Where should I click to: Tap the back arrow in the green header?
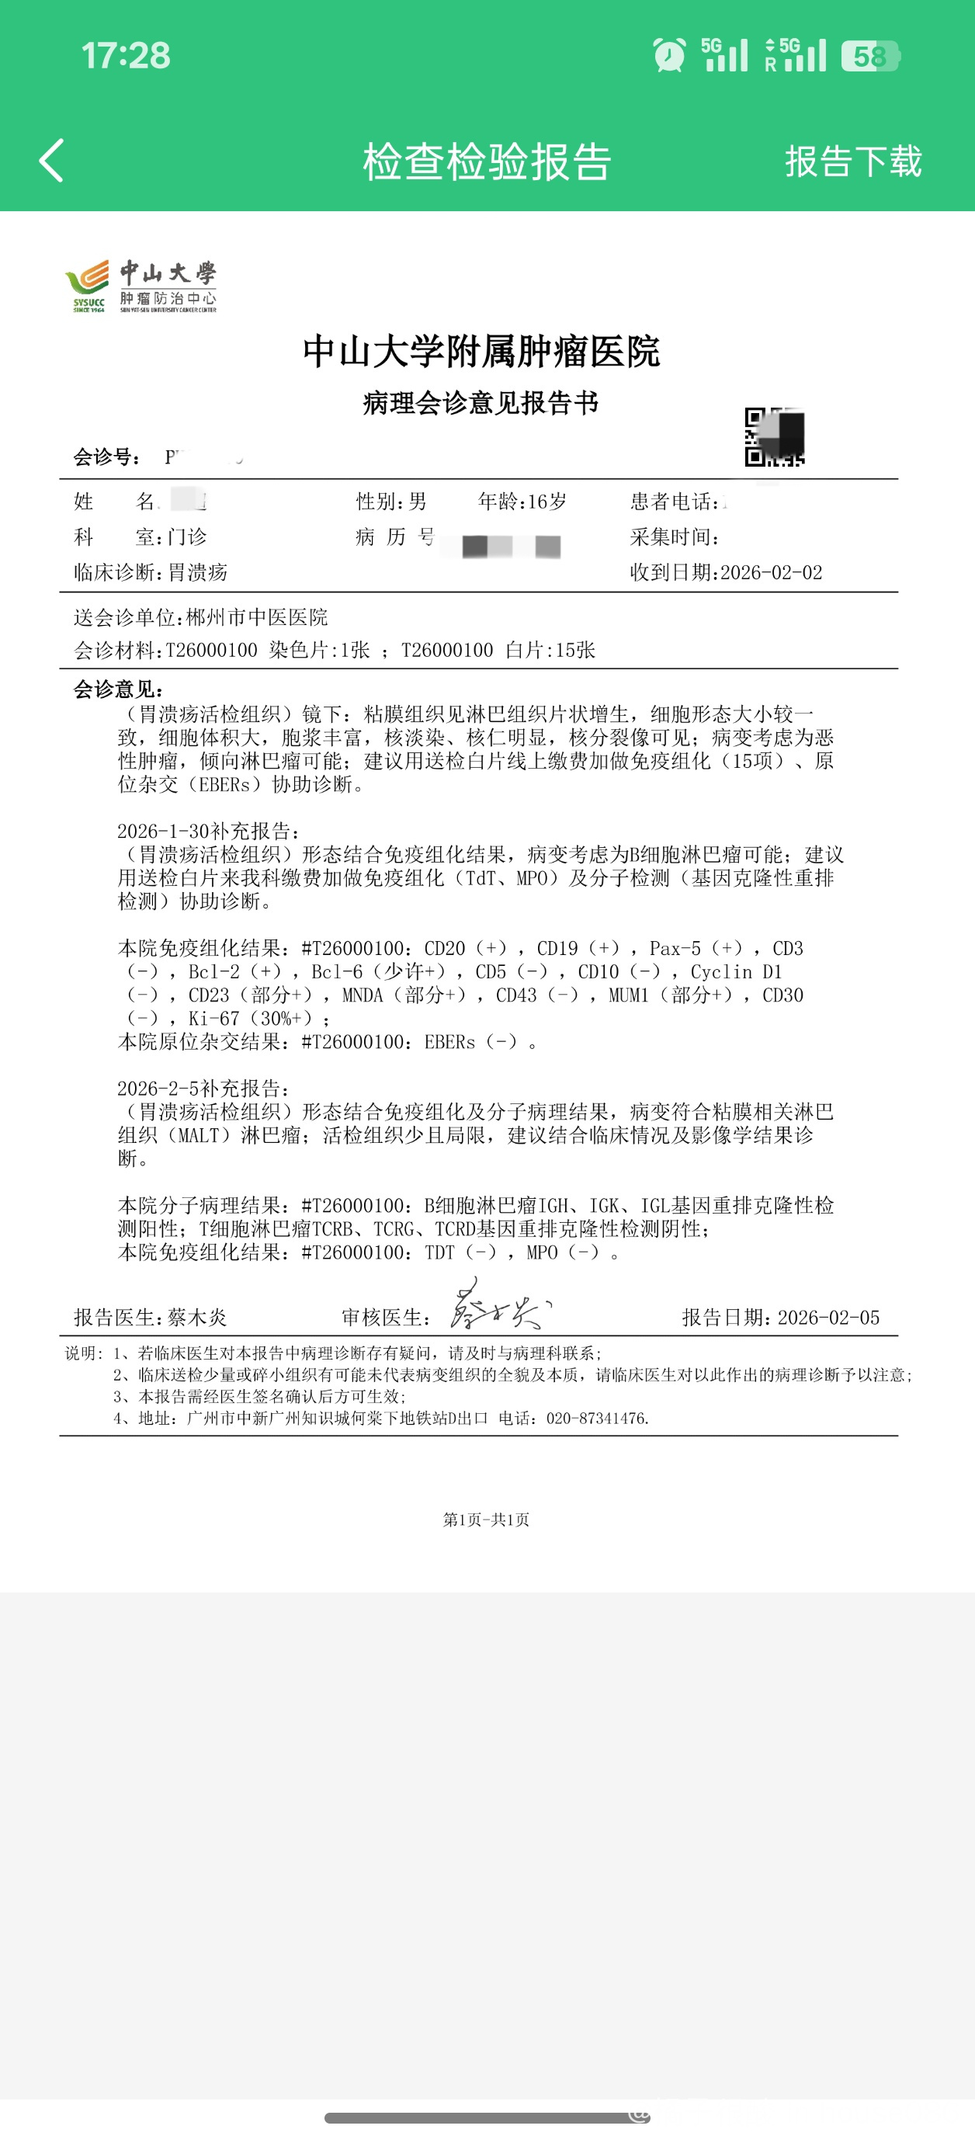[x=51, y=161]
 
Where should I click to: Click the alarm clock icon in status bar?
[x=669, y=56]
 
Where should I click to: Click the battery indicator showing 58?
[x=869, y=56]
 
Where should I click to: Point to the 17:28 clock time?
[x=126, y=56]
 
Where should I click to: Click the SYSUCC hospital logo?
[x=141, y=286]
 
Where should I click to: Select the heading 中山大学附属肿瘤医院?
[x=481, y=351]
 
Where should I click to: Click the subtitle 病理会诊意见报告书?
[x=481, y=404]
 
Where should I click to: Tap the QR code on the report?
[x=774, y=436]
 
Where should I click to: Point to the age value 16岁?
[x=546, y=502]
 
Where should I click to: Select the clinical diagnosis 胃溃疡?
[x=198, y=572]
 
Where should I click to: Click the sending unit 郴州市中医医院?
[x=256, y=617]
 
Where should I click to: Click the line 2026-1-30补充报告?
[x=208, y=831]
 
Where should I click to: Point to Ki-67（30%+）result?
[x=251, y=1018]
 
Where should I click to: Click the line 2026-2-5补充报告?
[x=204, y=1088]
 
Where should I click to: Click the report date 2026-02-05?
[x=828, y=1318]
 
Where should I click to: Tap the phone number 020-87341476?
[x=596, y=1419]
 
